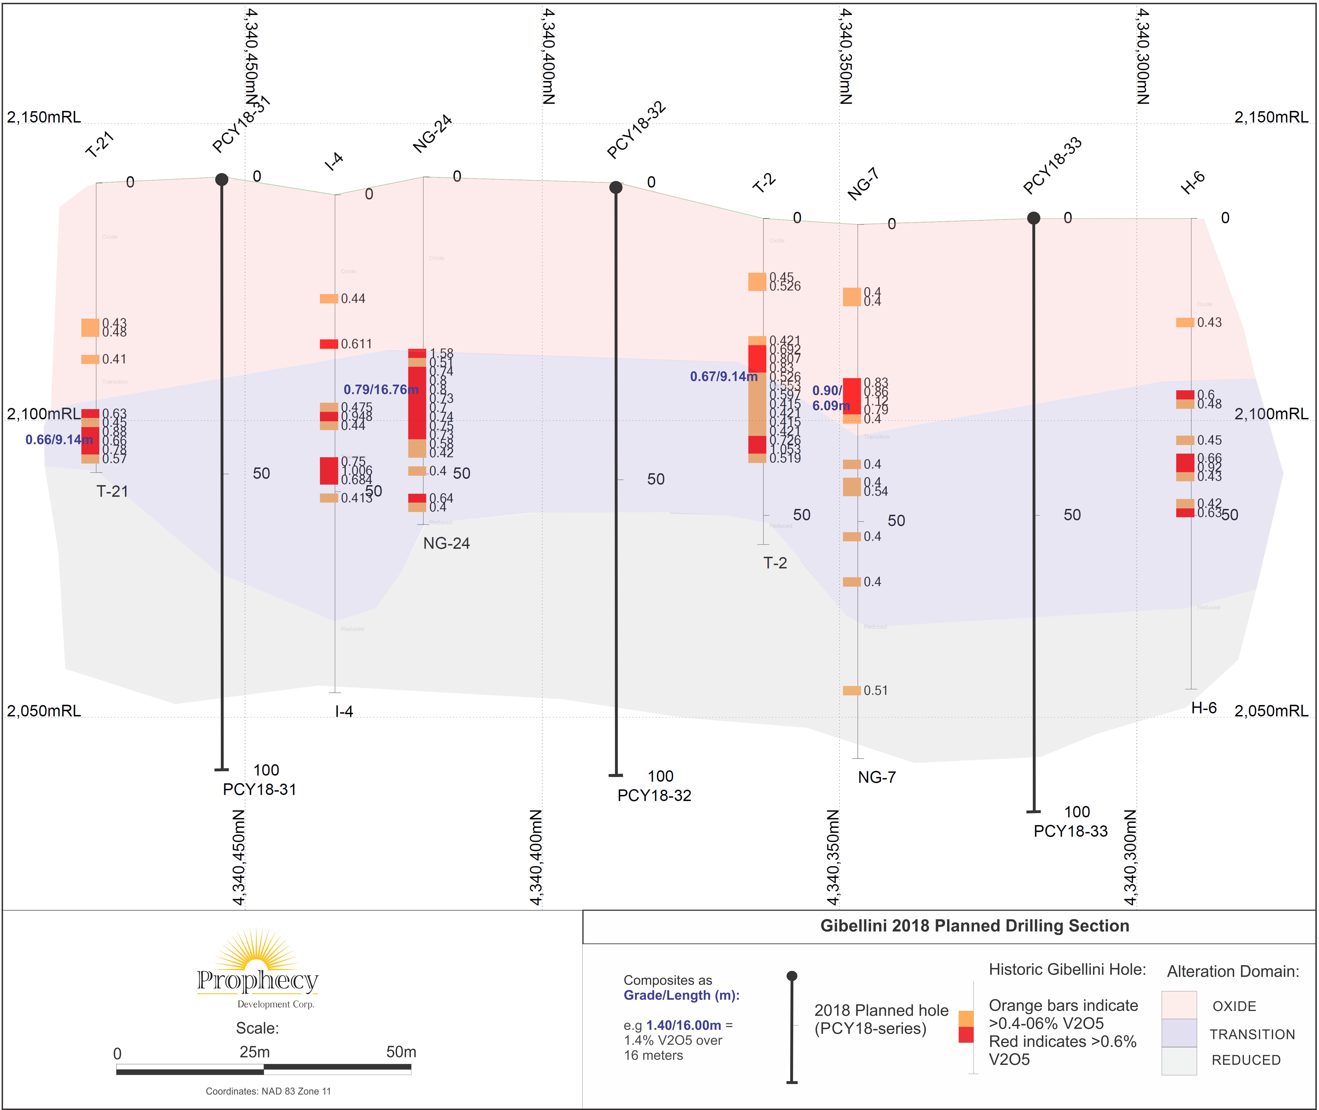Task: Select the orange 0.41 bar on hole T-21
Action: [x=90, y=359]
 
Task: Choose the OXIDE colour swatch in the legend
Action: [x=1179, y=1005]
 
